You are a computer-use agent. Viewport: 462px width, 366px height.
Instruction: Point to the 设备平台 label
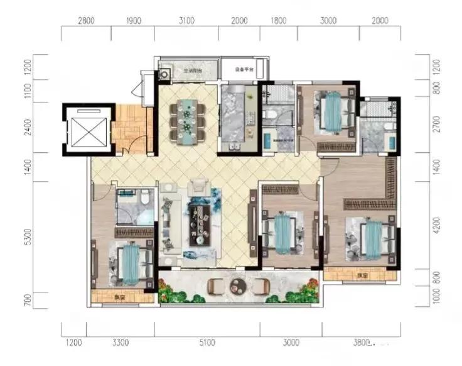(244, 69)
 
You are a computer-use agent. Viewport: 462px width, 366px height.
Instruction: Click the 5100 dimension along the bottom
(207, 343)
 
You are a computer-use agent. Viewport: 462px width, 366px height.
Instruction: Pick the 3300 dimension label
(121, 343)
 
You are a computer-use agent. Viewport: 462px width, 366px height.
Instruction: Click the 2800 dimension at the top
(86, 21)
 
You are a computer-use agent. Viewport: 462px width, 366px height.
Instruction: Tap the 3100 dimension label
(186, 21)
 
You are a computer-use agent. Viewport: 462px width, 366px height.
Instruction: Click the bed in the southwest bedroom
(130, 262)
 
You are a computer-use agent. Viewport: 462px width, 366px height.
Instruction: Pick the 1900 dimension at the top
(134, 21)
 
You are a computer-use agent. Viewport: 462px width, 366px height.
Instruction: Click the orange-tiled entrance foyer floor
(129, 129)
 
